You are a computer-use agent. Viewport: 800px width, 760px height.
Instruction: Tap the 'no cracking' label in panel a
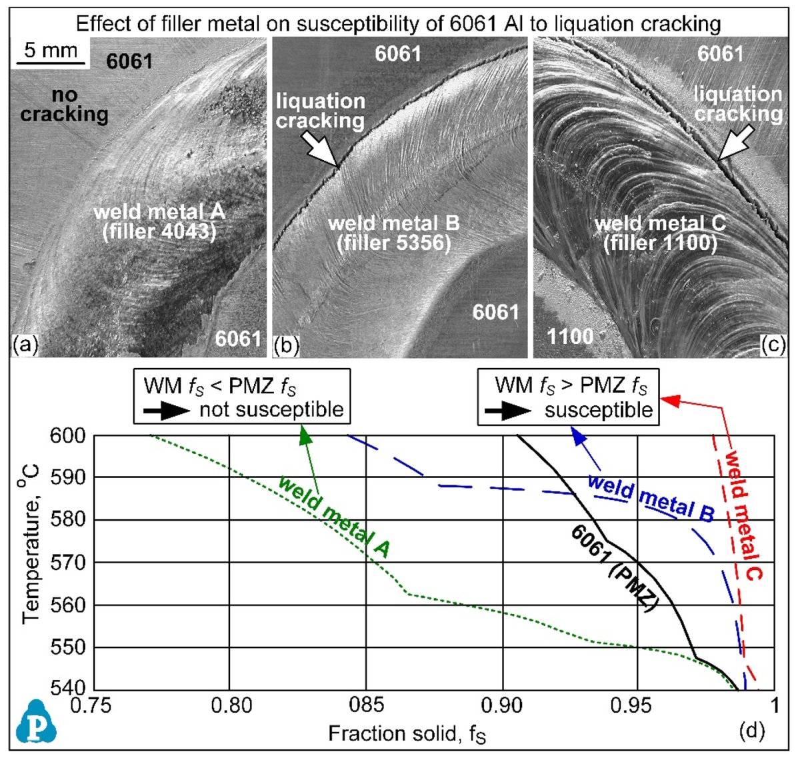(64, 105)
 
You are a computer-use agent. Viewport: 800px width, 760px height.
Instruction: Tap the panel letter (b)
(287, 345)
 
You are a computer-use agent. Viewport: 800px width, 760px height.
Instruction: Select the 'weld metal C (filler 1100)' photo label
(659, 233)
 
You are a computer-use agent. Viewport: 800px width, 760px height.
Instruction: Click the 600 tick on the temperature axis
(69, 435)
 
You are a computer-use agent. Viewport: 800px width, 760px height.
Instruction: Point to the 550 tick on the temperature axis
(69, 647)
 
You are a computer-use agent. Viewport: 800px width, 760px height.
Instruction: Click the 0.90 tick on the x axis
(501, 705)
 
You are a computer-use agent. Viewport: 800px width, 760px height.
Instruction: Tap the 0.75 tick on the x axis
(94, 705)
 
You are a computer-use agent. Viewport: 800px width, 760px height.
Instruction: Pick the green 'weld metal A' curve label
(333, 516)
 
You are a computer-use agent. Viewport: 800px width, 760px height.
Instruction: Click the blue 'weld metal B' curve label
(651, 499)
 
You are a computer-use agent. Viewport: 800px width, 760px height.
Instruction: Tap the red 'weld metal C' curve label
(743, 515)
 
